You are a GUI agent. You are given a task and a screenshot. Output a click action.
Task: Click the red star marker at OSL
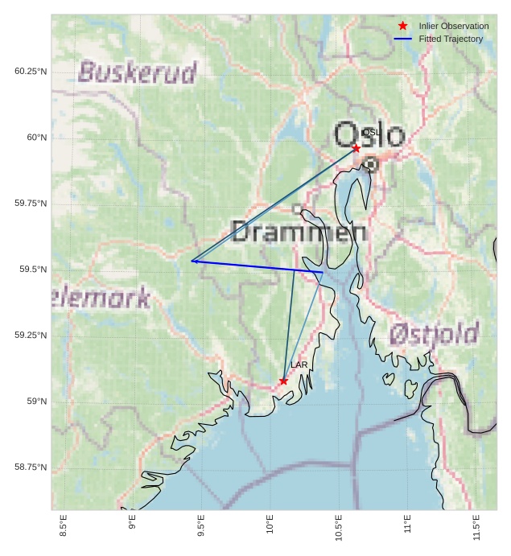[356, 148]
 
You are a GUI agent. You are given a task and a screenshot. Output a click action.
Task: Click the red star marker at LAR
[283, 381]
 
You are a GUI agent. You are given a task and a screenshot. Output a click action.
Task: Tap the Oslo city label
[369, 134]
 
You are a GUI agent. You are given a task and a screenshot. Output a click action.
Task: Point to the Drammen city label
[299, 232]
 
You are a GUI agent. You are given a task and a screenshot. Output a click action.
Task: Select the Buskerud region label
[138, 72]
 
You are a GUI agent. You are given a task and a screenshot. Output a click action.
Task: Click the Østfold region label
[434, 333]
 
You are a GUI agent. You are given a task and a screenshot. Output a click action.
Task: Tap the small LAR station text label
[299, 365]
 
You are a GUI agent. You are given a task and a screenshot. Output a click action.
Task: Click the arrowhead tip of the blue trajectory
[192, 261]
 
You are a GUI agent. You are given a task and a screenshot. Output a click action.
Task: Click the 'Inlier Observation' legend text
[454, 26]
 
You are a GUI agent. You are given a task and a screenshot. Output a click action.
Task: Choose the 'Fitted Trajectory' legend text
[451, 39]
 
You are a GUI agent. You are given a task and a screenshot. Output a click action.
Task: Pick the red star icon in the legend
[403, 26]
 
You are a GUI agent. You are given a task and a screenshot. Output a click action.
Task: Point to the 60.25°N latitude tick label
[31, 72]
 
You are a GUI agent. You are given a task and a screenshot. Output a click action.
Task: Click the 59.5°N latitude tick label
[31, 270]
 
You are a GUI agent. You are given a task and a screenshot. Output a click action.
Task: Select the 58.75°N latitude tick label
[31, 467]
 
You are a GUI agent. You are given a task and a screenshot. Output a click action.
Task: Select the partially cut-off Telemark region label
[101, 299]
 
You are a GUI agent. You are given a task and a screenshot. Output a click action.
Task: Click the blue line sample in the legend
[403, 39]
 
